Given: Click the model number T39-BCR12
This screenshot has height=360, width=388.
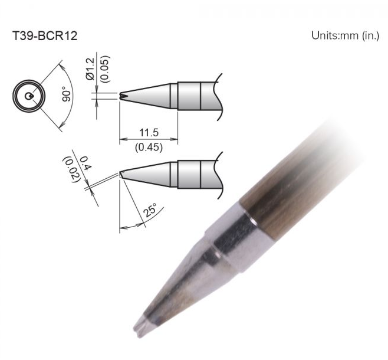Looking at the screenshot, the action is click(45, 36).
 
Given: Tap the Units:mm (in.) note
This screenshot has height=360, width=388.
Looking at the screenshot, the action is click(345, 35).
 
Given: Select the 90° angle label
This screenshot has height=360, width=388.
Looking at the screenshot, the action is click(67, 94).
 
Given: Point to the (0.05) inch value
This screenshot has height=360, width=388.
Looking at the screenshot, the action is click(105, 69).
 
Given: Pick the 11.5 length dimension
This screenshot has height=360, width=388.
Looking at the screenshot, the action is click(149, 132).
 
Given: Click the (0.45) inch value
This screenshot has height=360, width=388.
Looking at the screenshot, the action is click(149, 148).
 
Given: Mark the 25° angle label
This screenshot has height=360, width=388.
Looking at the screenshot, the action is click(150, 210).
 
